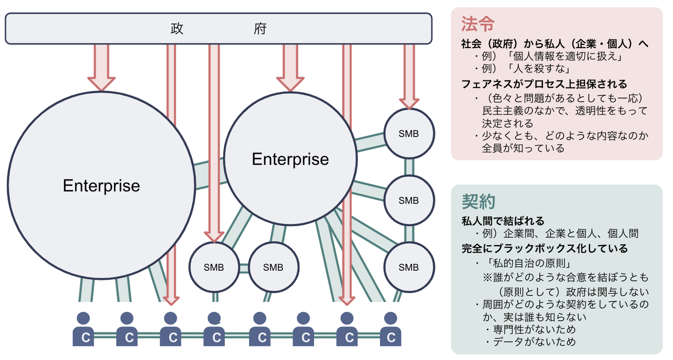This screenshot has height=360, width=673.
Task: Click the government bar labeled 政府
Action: (218, 29)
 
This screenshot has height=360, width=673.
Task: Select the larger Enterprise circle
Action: (101, 186)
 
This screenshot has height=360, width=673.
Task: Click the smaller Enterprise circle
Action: (290, 159)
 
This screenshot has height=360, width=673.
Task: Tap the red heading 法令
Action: (478, 23)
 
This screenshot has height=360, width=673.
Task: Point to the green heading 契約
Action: (478, 202)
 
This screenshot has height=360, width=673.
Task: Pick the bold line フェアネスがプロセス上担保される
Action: (544, 84)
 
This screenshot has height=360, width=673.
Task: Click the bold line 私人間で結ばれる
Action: (503, 221)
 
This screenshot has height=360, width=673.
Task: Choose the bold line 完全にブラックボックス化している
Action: (544, 248)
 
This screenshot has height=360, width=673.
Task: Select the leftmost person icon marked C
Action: (84, 330)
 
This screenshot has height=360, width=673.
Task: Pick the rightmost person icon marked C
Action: (390, 330)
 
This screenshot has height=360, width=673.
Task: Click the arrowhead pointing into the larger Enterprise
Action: (101, 83)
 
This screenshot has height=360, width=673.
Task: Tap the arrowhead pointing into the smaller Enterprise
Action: (290, 83)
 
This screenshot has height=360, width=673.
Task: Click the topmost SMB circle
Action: (409, 133)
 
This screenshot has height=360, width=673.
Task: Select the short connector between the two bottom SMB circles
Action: (243, 268)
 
